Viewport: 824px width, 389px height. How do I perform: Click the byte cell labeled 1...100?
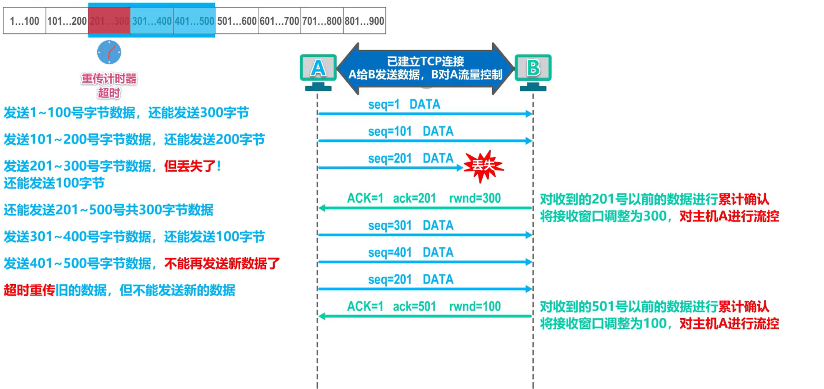(x=24, y=21)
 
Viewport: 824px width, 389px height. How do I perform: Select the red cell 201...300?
(x=109, y=21)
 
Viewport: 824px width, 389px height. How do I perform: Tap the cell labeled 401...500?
(x=194, y=21)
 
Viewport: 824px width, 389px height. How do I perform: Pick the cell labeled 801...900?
(x=364, y=21)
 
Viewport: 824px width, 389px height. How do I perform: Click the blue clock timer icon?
(x=109, y=52)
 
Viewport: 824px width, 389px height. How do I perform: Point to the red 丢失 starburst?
(x=483, y=166)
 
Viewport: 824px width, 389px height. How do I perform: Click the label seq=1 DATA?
(x=404, y=104)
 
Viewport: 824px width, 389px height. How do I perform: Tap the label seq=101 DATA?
(x=410, y=131)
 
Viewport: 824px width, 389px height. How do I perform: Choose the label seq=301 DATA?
(x=410, y=225)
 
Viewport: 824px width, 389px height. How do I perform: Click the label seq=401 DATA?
(x=410, y=253)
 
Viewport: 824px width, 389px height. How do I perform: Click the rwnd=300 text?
(x=474, y=198)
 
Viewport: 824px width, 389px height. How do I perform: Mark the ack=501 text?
(x=414, y=307)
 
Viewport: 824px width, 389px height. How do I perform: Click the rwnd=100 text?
(x=474, y=307)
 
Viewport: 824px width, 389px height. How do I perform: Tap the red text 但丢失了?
(x=192, y=166)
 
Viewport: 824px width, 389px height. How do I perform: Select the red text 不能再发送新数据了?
(x=222, y=263)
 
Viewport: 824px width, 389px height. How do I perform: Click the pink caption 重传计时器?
(x=109, y=79)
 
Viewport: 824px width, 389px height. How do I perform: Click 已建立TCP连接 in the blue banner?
(x=425, y=61)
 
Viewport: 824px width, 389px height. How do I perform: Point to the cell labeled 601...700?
(x=279, y=21)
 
